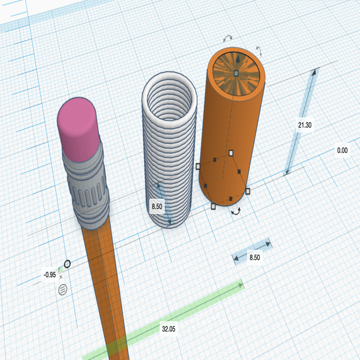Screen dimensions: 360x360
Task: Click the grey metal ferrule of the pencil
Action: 87,183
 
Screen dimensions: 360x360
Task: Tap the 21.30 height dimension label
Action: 305,125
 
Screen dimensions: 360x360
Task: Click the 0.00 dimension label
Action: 342,150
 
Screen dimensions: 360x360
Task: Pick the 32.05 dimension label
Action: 168,329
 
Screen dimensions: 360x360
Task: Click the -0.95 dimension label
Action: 49,275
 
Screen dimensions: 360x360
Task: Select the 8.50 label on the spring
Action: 157,206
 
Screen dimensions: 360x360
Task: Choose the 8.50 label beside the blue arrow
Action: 254,256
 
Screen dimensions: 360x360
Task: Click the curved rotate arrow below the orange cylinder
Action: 237,213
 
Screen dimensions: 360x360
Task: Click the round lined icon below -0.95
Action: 63,288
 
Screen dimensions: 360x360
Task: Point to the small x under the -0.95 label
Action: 61,277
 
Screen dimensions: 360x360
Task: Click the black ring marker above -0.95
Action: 67,264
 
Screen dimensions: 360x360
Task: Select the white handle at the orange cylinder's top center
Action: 236,73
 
